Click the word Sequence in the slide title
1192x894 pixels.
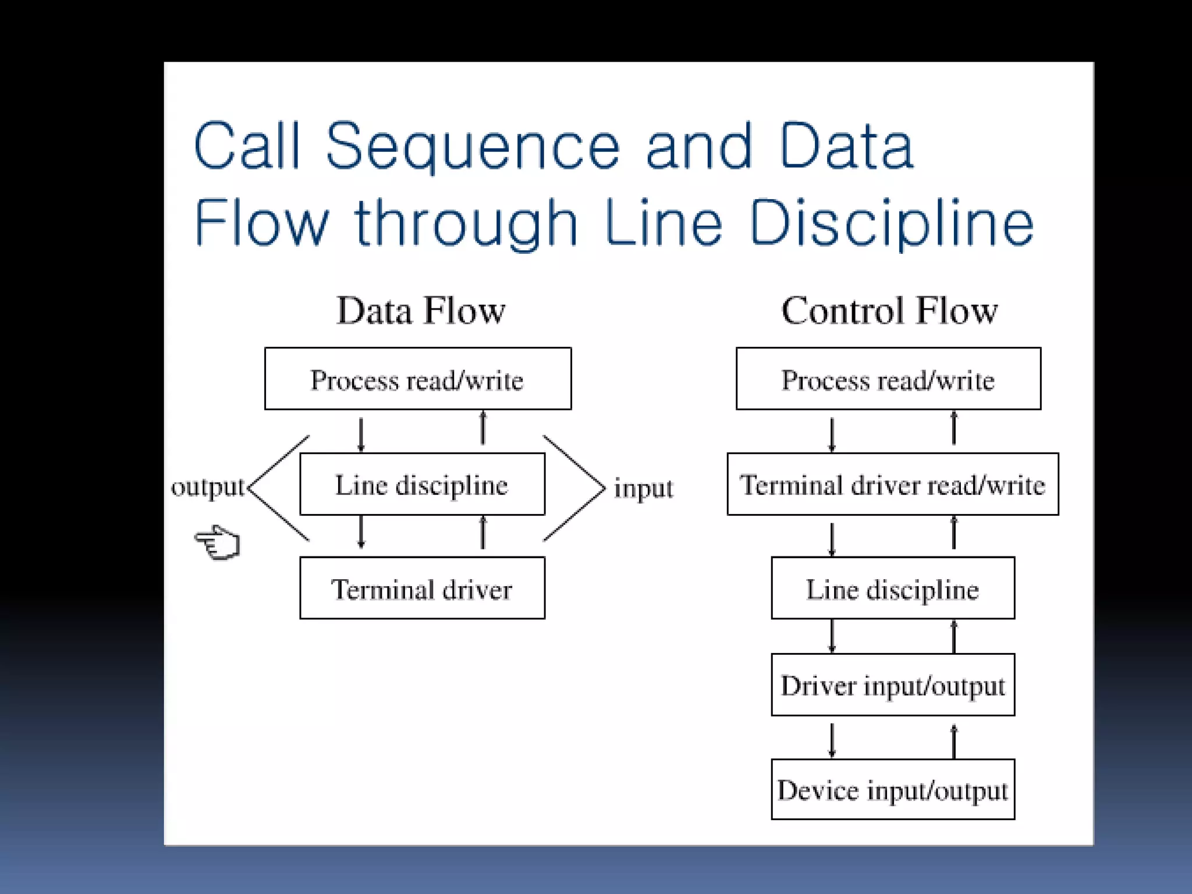pos(473,147)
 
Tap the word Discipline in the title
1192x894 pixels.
pos(892,223)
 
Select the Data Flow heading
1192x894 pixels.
pos(421,310)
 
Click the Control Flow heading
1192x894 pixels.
pos(889,310)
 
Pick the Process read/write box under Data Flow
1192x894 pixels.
pos(418,379)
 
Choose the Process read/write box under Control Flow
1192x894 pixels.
pos(888,379)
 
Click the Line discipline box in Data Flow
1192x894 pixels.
pos(422,484)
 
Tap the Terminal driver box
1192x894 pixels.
pos(422,588)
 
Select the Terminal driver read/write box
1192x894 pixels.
pos(892,484)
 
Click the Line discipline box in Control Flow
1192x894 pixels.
pos(892,588)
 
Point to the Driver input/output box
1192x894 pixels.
pos(892,684)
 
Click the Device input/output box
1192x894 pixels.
pos(892,789)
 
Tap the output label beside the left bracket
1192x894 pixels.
pos(208,487)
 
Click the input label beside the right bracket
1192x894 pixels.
pos(643,488)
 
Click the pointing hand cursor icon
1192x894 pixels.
pos(218,542)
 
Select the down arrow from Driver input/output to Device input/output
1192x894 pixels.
pos(832,739)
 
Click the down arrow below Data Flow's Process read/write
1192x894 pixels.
pos(361,434)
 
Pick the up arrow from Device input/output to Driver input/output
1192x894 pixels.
pos(953,740)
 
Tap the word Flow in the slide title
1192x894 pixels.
pos(261,223)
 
